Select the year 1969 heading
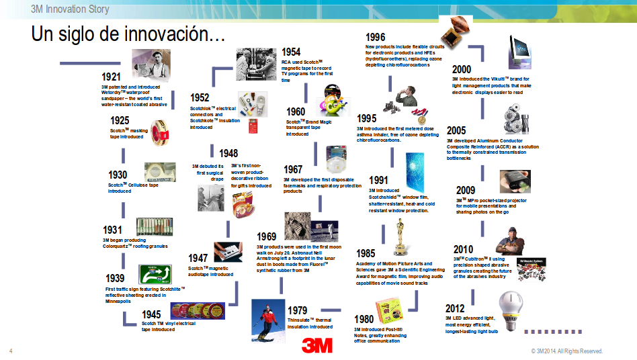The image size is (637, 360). [x=266, y=236]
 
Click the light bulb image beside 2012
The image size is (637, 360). [x=512, y=308]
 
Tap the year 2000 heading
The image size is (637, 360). [x=462, y=69]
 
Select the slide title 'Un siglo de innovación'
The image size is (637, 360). [x=128, y=35]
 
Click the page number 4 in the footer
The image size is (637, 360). [x=11, y=351]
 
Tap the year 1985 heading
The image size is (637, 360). [x=366, y=253]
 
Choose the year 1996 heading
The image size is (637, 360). [x=375, y=38]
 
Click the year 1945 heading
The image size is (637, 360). [x=151, y=314]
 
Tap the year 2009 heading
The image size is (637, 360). [x=466, y=190]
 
